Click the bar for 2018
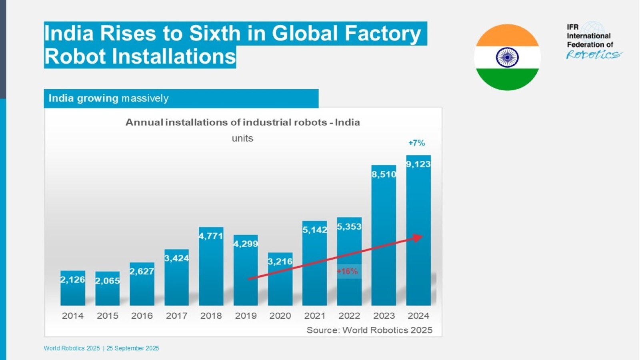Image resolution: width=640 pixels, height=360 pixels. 211,266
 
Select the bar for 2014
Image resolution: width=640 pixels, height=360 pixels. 72,288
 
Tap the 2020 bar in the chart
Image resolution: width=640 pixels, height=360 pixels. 280,279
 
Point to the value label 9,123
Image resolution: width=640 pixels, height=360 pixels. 418,164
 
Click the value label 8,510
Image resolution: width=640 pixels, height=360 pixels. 384,174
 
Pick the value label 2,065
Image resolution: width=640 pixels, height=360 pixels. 108,281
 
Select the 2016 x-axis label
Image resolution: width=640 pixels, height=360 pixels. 142,316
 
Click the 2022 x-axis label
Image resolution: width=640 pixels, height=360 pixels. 350,316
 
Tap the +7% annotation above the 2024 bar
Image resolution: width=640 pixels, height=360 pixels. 416,143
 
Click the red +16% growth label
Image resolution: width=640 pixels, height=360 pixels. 347,271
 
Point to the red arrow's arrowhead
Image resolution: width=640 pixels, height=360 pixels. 418,238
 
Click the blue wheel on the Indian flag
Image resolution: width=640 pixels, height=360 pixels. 508,58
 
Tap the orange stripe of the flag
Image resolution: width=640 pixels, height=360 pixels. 508,35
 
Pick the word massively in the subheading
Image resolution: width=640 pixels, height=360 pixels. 145,98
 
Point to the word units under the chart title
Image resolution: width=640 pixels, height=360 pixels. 242,138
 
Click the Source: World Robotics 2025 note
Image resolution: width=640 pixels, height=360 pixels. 370,330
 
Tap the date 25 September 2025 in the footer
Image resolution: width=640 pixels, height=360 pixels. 133,348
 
